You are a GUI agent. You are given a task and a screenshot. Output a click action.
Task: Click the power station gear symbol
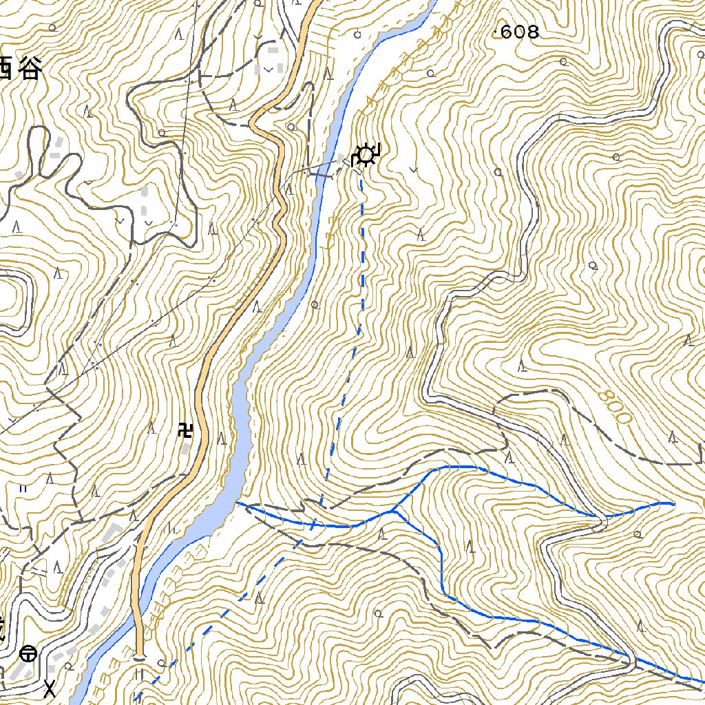point(366,156)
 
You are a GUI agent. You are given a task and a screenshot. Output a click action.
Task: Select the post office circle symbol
point(28,652)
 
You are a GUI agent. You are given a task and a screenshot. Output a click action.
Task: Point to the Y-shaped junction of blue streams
point(392,511)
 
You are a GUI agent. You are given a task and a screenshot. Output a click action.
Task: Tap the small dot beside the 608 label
point(498,31)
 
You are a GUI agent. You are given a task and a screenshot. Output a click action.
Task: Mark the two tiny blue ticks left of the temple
point(23,488)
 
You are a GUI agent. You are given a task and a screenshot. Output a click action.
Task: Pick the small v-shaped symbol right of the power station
point(413,168)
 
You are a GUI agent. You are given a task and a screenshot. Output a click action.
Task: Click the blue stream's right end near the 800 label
point(671,504)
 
